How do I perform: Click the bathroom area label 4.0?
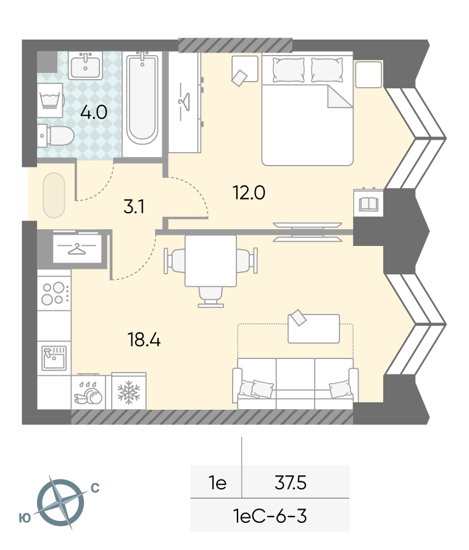[94, 112]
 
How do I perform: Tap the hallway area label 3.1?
[134, 206]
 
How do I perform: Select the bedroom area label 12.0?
[249, 193]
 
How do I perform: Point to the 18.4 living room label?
[144, 340]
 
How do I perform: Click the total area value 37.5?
[291, 483]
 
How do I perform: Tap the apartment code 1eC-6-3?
[270, 516]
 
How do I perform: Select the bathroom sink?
[85, 66]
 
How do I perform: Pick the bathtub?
[142, 98]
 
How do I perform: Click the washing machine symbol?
[50, 100]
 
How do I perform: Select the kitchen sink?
[54, 358]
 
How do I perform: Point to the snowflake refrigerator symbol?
[128, 391]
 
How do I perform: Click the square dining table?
[210, 261]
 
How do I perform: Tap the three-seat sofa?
[295, 384]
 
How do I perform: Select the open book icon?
[368, 204]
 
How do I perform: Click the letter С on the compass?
[95, 488]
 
